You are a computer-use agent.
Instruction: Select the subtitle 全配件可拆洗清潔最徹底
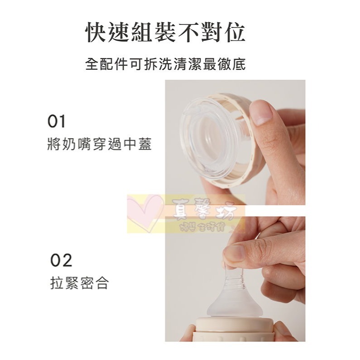166,64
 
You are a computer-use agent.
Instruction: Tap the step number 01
57,121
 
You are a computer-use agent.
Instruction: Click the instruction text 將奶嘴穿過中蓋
99,145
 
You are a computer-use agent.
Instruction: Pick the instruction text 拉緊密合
79,284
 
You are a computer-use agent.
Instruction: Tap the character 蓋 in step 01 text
144,145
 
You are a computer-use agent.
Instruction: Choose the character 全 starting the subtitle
92,64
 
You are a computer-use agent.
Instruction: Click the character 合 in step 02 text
102,284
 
